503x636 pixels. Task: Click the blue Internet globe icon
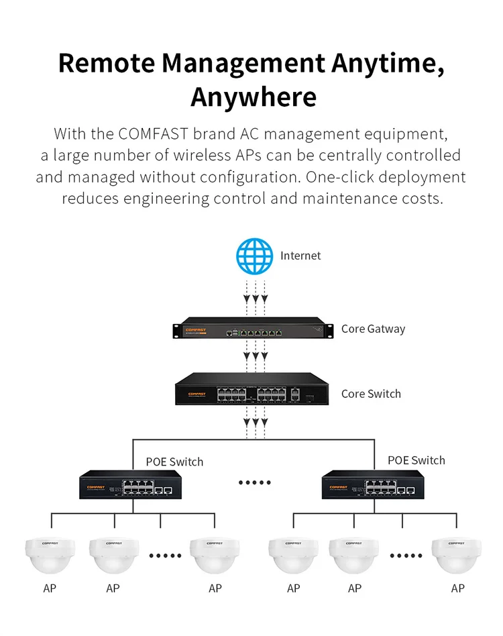[255, 256]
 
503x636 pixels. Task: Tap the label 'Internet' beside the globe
[300, 256]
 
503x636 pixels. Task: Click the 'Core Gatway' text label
[373, 329]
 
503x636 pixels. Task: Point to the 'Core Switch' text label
[371, 394]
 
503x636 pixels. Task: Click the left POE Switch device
[129, 484]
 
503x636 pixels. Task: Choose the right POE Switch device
[372, 484]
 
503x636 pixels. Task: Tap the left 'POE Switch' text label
[174, 462]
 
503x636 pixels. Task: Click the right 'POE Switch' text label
[416, 460]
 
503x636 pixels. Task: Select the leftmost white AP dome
[49, 555]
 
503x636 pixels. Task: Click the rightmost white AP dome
[457, 555]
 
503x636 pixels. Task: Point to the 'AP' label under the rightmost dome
[457, 588]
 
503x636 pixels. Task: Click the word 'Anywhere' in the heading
[253, 97]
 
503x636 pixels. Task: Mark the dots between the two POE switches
[255, 482]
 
